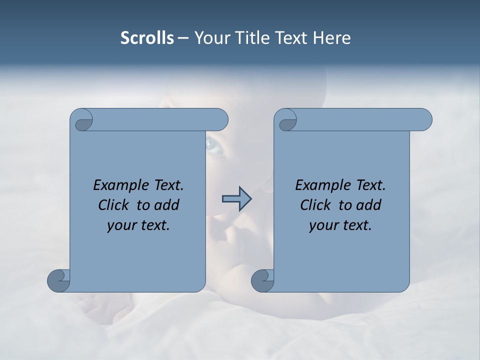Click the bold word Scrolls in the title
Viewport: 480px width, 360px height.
[147, 38]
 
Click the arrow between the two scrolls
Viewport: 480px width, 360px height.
[236, 198]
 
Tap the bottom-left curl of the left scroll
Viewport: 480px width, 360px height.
[59, 281]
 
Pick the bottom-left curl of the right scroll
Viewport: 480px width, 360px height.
[263, 281]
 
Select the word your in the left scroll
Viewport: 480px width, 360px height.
[121, 226]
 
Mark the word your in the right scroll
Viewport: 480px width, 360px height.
[323, 226]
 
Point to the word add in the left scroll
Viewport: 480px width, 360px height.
[167, 205]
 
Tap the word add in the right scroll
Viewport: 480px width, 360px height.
[369, 205]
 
